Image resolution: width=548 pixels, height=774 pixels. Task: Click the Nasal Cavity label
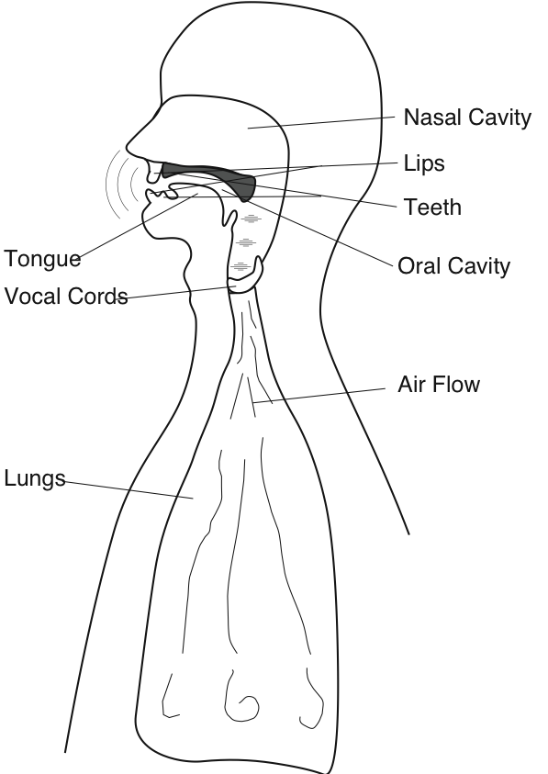click(467, 118)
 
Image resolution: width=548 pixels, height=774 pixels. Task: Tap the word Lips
click(424, 163)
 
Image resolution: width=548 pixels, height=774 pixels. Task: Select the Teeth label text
click(433, 207)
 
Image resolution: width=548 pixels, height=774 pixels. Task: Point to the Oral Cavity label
click(453, 265)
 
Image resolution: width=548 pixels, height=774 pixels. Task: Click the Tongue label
click(42, 259)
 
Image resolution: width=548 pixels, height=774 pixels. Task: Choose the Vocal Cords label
click(66, 297)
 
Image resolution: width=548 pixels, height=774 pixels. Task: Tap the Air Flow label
click(439, 384)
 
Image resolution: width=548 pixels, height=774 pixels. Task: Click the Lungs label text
click(35, 478)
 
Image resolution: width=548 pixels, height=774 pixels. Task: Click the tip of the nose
click(129, 147)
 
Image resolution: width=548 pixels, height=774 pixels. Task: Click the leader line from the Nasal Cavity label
click(321, 122)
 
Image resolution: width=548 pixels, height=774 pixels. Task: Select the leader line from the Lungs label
click(129, 489)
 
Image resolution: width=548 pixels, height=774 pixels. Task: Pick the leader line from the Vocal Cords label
click(175, 293)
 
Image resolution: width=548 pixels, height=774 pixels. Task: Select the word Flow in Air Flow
click(457, 384)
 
